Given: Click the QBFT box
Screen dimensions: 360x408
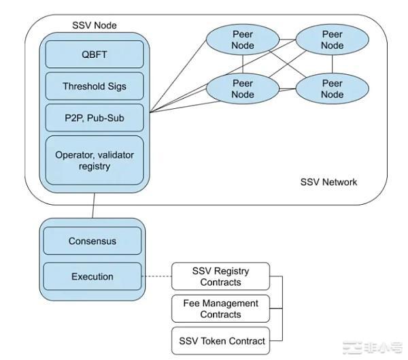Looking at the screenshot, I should point(95,54).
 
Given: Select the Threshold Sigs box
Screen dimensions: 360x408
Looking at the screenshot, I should point(95,86).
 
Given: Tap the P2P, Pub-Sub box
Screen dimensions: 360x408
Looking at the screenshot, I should point(95,118).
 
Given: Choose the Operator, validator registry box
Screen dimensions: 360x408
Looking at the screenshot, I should point(95,160).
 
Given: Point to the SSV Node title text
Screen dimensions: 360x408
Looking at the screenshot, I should point(94,25).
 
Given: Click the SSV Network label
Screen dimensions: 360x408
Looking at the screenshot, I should point(328,182).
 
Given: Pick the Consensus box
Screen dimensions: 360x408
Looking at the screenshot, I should point(92,241).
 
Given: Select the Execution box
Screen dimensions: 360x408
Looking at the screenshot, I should point(92,276).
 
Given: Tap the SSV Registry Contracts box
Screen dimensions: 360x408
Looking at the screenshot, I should point(220,276).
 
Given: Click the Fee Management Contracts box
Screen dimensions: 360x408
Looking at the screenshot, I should point(220,309).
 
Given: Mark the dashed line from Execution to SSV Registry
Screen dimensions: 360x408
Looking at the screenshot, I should point(156,276).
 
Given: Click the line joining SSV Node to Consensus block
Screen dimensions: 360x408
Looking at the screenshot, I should point(93,205).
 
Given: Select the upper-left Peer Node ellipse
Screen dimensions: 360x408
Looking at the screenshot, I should point(243,40).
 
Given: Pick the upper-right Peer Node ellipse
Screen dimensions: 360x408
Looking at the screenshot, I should point(333,40).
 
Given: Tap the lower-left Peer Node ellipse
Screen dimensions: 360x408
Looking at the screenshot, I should point(243,88).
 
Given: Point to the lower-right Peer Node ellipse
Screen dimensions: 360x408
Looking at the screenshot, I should point(333,88).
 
